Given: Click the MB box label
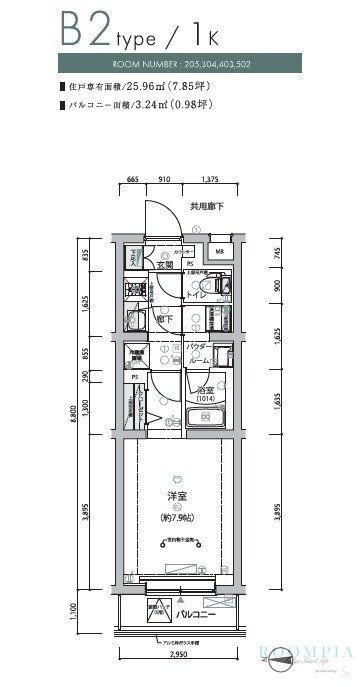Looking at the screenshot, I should tap(220, 252).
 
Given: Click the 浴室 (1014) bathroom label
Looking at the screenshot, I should tap(206, 394).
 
